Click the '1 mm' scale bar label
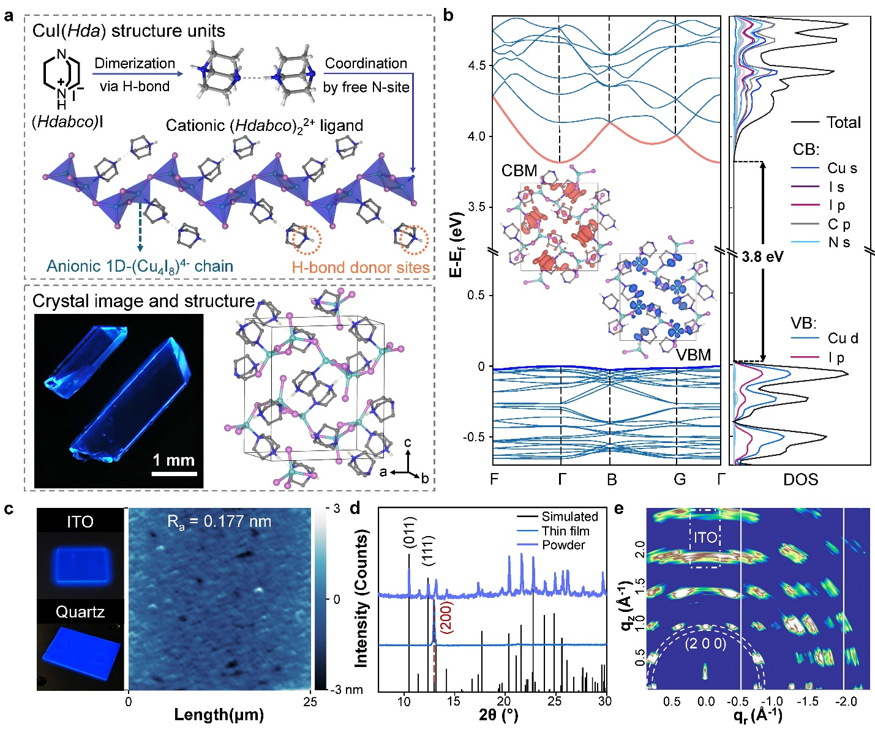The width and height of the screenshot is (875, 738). click(173, 460)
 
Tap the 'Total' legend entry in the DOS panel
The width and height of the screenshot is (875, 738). click(843, 122)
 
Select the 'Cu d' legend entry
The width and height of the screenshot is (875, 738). click(843, 338)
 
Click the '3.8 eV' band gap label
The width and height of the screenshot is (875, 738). click(762, 256)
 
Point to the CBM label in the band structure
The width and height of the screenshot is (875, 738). click(519, 171)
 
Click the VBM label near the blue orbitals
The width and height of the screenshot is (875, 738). click(693, 355)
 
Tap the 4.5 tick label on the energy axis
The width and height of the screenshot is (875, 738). click(476, 65)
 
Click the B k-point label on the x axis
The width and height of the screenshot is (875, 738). click(611, 479)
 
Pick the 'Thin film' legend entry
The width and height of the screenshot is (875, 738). click(565, 531)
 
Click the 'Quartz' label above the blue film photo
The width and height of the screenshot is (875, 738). click(80, 611)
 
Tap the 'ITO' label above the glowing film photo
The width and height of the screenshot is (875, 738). click(80, 521)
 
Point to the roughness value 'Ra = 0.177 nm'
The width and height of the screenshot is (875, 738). click(219, 521)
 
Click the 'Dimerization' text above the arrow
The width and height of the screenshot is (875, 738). click(135, 63)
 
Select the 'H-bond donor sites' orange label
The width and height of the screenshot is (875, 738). click(360, 267)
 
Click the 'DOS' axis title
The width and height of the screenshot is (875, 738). click(800, 479)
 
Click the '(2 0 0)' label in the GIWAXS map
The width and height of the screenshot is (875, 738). click(705, 643)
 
